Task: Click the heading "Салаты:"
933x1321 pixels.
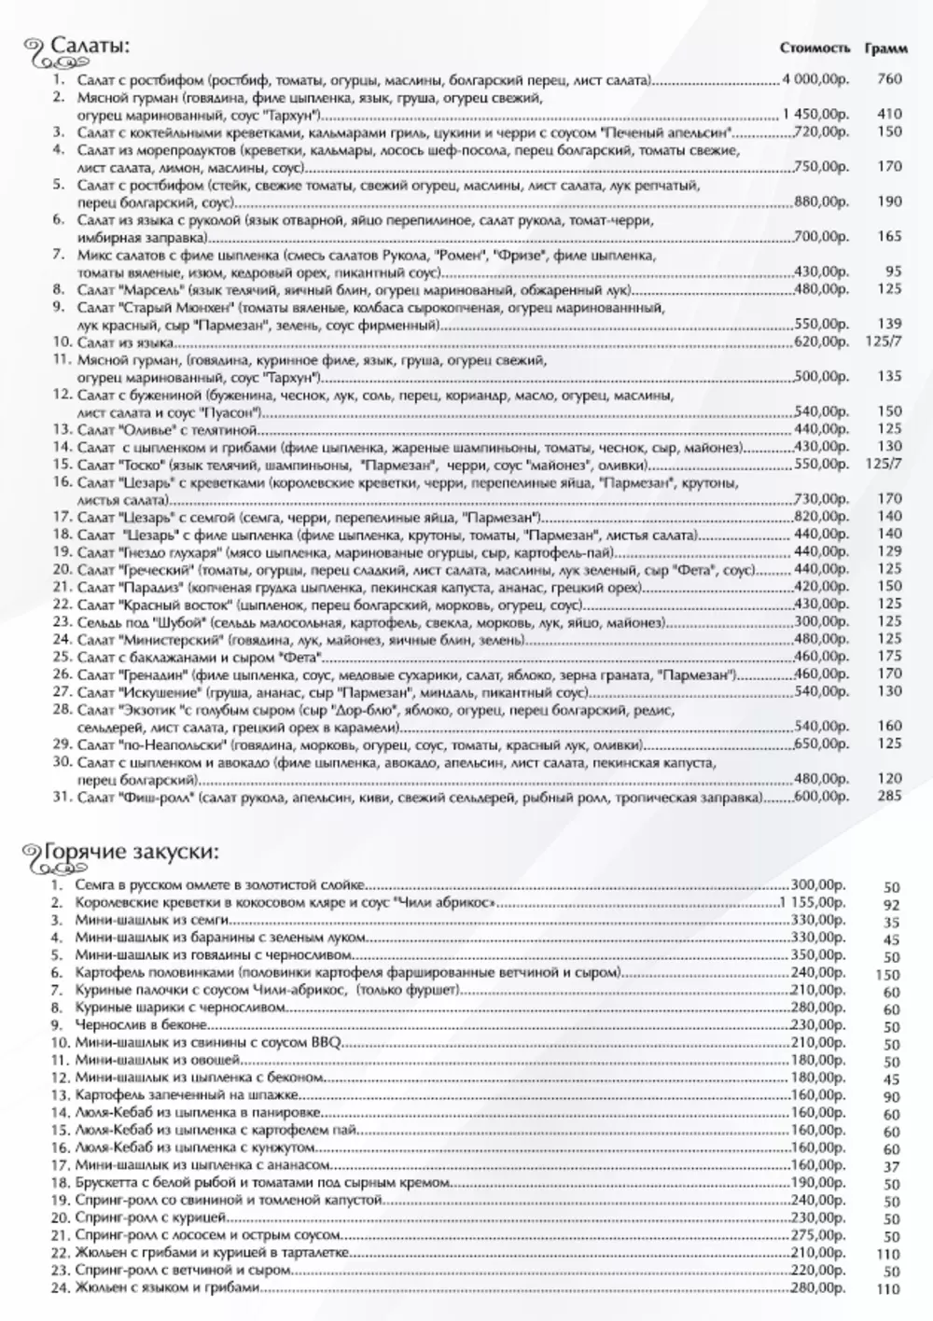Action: click(x=89, y=47)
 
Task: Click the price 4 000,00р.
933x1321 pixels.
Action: click(x=815, y=80)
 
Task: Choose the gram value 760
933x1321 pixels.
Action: click(x=889, y=80)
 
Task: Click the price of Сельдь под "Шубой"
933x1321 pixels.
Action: click(x=821, y=622)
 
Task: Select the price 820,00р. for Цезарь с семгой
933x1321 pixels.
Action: click(x=821, y=517)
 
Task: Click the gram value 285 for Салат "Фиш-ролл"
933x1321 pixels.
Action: click(x=889, y=797)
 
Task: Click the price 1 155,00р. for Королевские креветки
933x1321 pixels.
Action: click(x=815, y=903)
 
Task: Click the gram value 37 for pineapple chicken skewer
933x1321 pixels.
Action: click(x=891, y=1167)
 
